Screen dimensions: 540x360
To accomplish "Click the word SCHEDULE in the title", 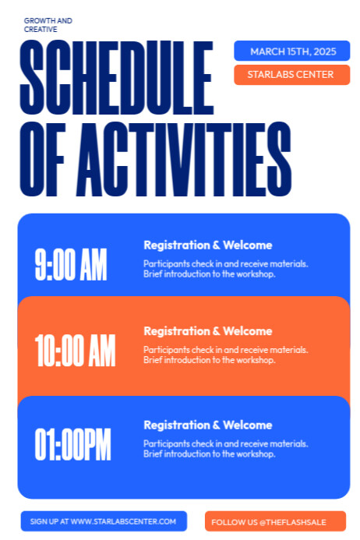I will click(116, 78).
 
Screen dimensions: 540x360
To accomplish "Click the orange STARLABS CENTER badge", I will click(290, 75).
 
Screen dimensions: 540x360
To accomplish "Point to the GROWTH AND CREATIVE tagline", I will click(48, 25).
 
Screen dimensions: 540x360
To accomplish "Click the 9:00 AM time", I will click(71, 266).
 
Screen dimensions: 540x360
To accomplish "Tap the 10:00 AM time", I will click(75, 350).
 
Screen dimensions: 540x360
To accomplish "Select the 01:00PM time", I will click(73, 444).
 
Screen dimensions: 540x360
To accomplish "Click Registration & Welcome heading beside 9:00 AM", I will click(208, 245).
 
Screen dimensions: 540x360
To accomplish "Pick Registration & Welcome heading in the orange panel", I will click(208, 331).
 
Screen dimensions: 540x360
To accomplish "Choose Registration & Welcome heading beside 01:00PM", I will click(208, 425).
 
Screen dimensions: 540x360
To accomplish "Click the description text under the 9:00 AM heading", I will click(225, 269).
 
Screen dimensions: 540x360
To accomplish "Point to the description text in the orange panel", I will click(225, 355).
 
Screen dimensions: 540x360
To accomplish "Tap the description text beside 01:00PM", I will click(225, 448).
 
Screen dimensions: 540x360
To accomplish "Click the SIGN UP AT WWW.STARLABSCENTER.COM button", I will click(104, 521).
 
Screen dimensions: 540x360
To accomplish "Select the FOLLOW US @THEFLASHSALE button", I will click(269, 521).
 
